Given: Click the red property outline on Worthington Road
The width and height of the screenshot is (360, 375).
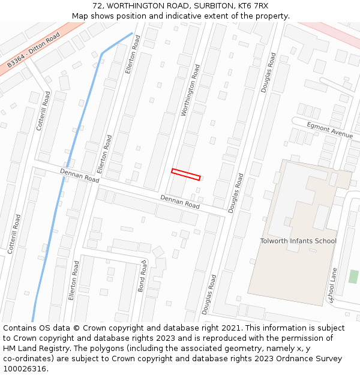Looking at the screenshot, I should (x=185, y=175).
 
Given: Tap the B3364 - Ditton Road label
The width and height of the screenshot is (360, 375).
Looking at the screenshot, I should (x=34, y=50).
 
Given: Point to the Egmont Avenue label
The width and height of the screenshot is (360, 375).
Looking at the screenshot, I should (x=330, y=130).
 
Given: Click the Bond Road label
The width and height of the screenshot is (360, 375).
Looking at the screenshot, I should (x=143, y=277).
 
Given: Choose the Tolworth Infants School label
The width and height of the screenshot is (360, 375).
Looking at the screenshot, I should (x=298, y=241).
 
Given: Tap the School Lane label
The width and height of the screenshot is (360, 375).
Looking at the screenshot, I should (x=333, y=284).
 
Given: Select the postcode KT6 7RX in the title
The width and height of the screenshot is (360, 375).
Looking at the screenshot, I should (x=253, y=6).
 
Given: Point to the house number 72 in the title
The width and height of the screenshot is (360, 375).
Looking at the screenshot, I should (x=98, y=6).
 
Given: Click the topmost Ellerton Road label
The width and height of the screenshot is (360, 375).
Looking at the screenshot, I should (x=133, y=54).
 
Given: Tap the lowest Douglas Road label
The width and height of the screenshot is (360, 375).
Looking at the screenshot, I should (x=209, y=294).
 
